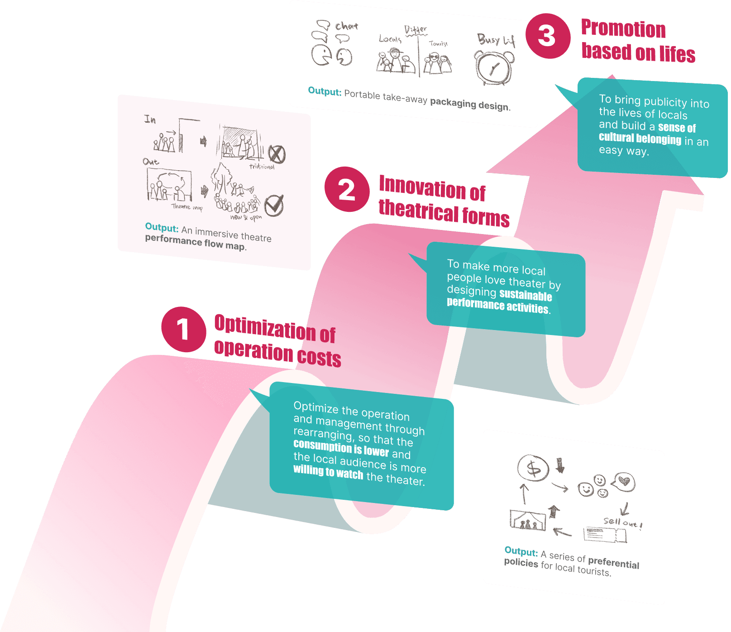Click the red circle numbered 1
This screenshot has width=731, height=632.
tap(183, 329)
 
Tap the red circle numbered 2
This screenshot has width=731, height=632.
tap(347, 189)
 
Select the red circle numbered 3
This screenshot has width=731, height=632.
tap(548, 36)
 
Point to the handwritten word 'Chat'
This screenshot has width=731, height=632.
tap(346, 26)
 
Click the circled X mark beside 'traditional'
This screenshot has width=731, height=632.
tap(277, 154)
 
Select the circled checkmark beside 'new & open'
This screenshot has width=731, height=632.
tap(274, 206)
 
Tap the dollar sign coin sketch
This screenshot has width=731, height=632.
tap(533, 468)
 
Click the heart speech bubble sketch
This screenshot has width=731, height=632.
tap(624, 481)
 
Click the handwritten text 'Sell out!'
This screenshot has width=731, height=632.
tap(622, 522)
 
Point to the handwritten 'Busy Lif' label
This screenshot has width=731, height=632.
tap(496, 40)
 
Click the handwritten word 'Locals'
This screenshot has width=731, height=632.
tap(390, 39)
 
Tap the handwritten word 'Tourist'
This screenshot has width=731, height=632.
tap(438, 44)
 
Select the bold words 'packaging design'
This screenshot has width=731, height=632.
tap(469, 104)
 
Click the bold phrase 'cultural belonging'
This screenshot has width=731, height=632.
tap(640, 138)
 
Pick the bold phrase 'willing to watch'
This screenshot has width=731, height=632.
tap(328, 472)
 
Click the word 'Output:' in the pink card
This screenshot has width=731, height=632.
tap(162, 227)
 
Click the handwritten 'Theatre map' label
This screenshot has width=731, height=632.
tap(187, 207)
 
